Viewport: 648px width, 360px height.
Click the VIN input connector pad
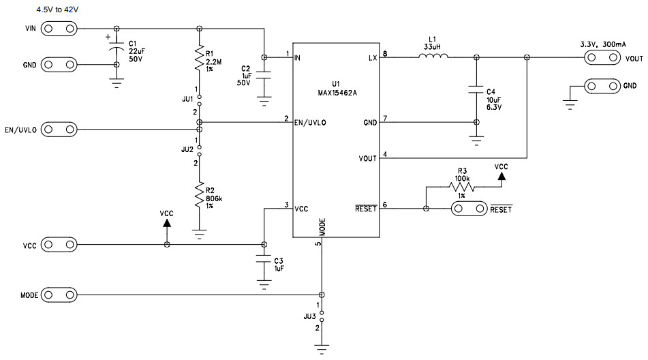click(x=59, y=29)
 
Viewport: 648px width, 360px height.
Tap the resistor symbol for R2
click(x=199, y=195)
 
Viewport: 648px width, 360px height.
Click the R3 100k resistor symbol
click(x=463, y=186)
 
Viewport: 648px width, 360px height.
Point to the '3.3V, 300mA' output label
click(x=603, y=44)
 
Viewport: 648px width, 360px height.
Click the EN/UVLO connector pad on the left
click(x=59, y=129)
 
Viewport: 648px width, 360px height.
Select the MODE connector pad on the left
click(x=59, y=295)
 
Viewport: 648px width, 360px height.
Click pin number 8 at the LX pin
click(x=385, y=53)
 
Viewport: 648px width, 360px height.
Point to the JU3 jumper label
click(x=309, y=316)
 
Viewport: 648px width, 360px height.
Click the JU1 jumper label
click(x=187, y=100)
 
